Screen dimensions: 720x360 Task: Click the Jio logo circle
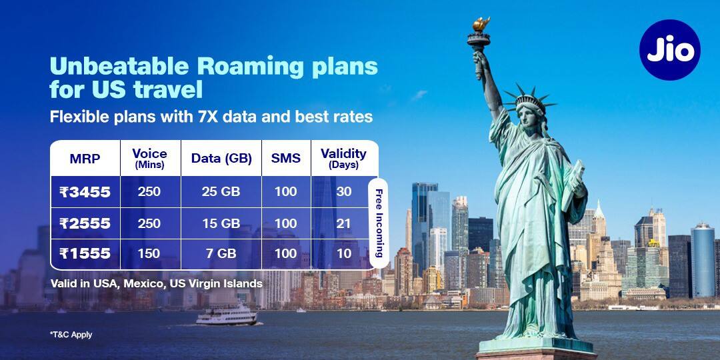click(669, 50)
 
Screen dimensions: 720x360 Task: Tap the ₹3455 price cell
click(85, 192)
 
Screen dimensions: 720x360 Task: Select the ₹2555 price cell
click(85, 223)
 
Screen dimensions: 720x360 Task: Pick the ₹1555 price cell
click(85, 253)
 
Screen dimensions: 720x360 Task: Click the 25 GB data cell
click(221, 191)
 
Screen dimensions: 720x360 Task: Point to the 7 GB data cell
click(221, 253)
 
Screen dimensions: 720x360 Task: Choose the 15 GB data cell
click(221, 223)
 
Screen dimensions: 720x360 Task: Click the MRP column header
click(85, 159)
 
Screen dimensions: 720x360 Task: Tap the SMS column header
click(285, 159)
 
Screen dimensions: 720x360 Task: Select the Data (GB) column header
click(221, 159)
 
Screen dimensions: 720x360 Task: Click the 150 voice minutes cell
click(149, 253)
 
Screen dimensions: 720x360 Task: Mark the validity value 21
click(343, 223)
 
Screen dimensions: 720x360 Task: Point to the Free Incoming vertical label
click(379, 223)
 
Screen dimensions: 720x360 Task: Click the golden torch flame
click(481, 24)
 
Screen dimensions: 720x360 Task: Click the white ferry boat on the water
click(227, 315)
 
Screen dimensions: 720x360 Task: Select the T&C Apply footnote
click(71, 335)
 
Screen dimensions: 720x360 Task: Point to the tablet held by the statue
click(573, 185)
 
